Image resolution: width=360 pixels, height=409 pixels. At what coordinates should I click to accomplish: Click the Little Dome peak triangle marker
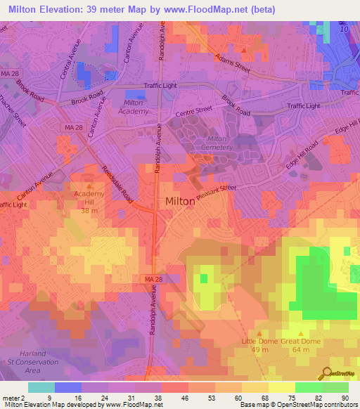pyautogui.click(x=259, y=334)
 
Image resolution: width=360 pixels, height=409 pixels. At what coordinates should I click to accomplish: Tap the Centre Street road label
pyautogui.click(x=193, y=110)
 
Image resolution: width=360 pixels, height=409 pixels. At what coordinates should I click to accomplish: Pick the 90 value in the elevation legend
pyautogui.click(x=345, y=398)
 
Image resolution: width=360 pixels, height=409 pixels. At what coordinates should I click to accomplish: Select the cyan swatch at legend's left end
pyautogui.click(x=41, y=387)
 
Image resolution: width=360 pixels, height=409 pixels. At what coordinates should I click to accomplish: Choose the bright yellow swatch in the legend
pyautogui.click(x=281, y=387)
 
